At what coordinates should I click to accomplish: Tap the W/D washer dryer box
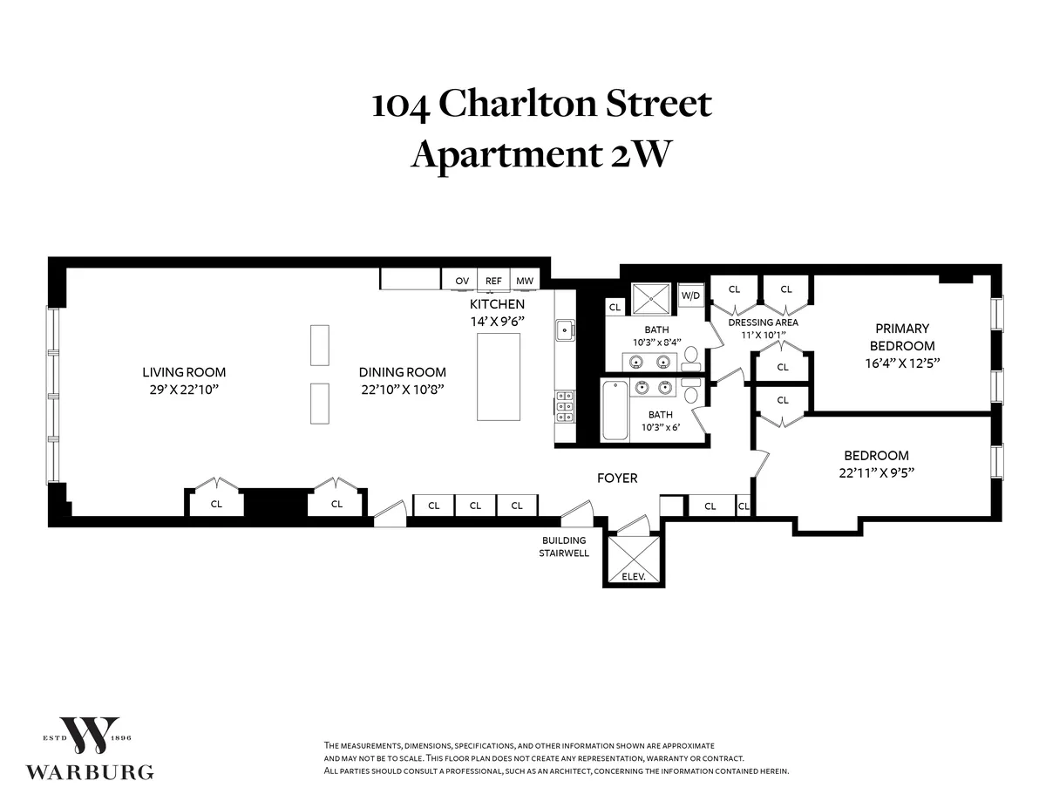[690, 295]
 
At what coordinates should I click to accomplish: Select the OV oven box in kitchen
[462, 280]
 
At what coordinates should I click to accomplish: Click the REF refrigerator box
[493, 280]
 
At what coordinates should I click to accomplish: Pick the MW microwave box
[524, 280]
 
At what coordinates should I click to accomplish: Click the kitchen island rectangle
[498, 377]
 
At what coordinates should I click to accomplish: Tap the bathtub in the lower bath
[615, 411]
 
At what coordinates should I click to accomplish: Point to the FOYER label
[616, 478]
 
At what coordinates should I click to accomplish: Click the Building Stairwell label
[565, 547]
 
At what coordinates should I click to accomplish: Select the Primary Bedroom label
[902, 336]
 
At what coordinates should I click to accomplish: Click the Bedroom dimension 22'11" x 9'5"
[876, 472]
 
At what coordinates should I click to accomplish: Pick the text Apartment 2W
[540, 155]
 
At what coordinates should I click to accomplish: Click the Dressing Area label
[763, 323]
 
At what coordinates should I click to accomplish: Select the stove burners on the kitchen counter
[565, 406]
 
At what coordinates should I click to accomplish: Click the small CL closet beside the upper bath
[615, 307]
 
